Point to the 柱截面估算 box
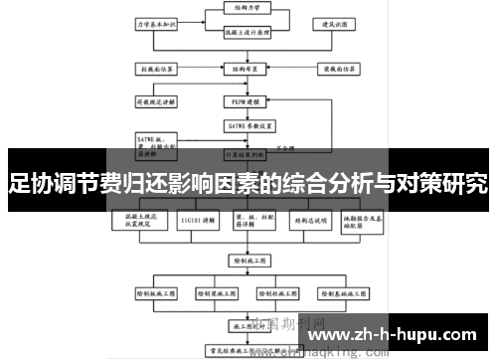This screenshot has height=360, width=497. pos(156,70)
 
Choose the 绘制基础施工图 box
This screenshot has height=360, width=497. pos(343,294)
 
